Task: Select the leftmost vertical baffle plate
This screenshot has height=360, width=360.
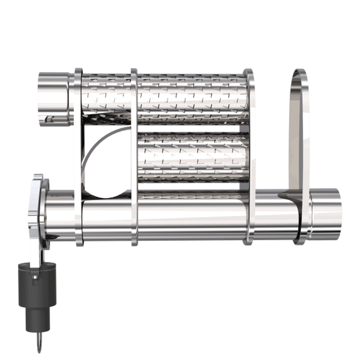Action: click(x=78, y=155)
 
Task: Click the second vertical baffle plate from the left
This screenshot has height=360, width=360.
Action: click(x=133, y=155)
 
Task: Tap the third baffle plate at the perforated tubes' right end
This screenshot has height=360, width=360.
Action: click(x=248, y=155)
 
